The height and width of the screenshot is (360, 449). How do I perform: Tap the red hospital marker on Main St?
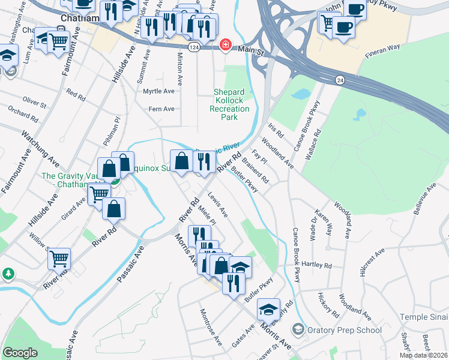[226, 44]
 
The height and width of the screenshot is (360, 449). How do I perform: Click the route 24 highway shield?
[340, 79]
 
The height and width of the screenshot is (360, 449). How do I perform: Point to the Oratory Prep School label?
[344, 330]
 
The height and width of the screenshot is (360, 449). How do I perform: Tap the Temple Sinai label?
[424, 317]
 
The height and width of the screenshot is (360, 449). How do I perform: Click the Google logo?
[20, 353]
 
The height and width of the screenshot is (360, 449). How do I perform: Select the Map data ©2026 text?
[424, 355]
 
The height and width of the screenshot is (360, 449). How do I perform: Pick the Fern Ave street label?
[161, 109]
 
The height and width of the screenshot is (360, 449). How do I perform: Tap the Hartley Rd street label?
[317, 265]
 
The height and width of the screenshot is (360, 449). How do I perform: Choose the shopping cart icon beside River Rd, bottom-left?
[59, 259]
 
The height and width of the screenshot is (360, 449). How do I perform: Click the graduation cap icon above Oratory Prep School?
[268, 308]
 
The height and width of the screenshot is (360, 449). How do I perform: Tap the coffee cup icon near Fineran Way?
[344, 27]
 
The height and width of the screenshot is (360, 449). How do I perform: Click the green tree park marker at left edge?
[8, 274]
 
